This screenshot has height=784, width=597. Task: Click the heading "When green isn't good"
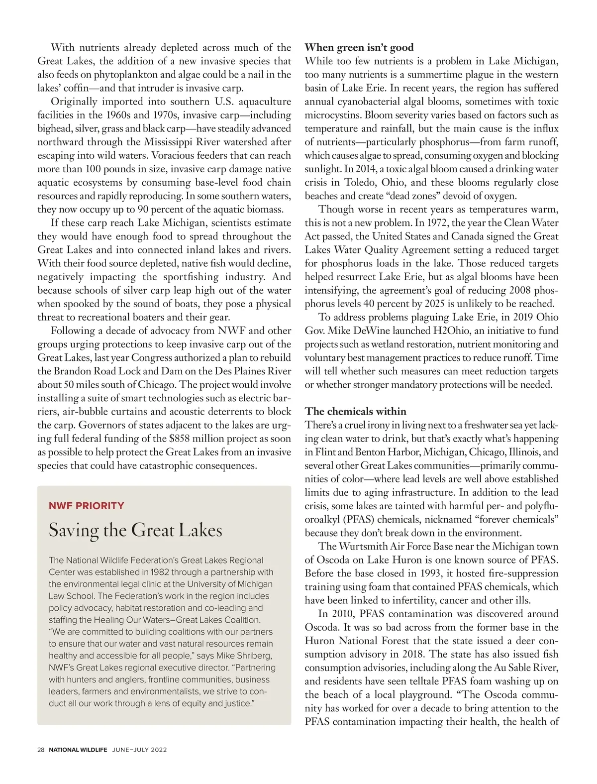coord(359,47)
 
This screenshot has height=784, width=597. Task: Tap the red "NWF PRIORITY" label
coord(87,506)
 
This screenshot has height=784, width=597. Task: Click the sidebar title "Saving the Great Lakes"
coord(135,530)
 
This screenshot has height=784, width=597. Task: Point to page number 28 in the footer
coord(41,750)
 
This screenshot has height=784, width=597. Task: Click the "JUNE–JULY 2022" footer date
coord(139,750)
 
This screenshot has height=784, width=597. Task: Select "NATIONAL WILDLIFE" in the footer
coord(78,750)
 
